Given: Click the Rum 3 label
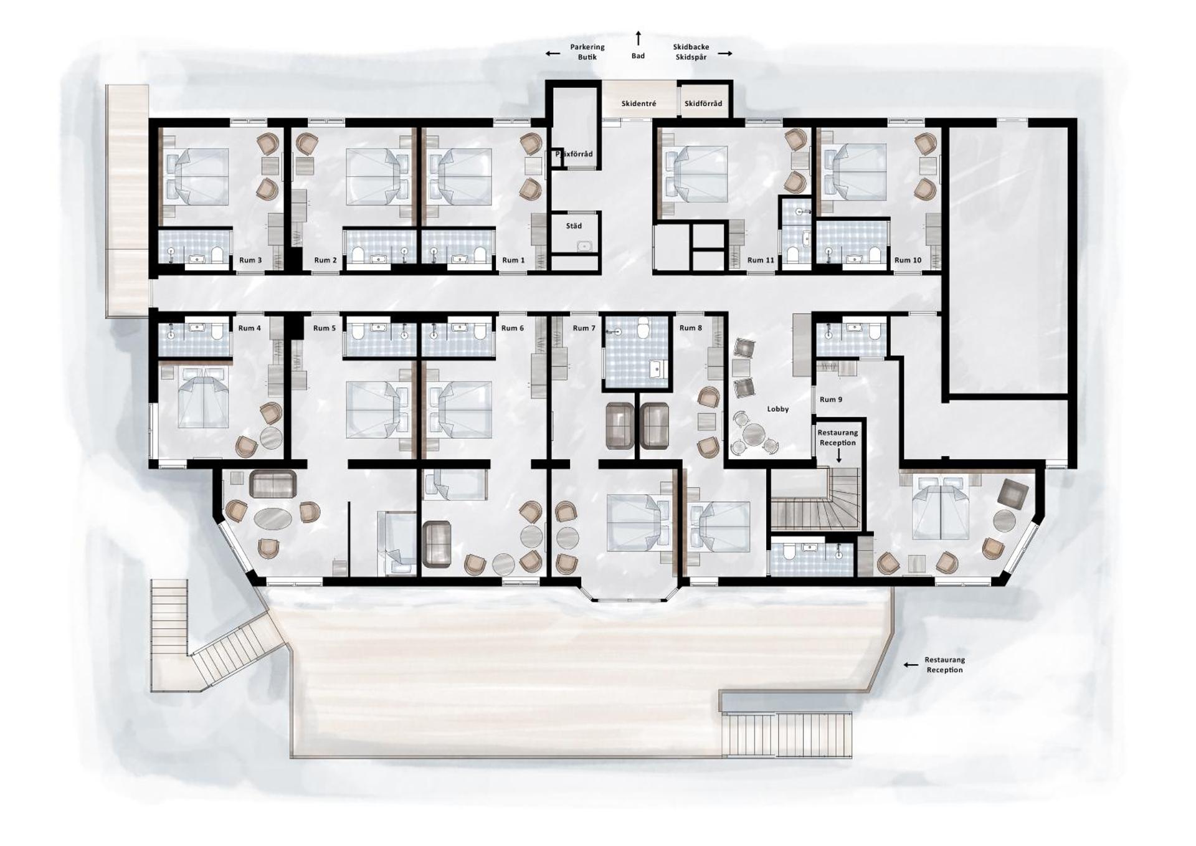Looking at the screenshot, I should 250,260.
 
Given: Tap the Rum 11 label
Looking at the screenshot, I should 761,260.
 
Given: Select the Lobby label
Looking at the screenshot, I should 777,409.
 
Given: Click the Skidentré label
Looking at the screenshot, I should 638,103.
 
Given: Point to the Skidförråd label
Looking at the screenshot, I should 703,103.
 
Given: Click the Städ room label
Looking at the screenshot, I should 574,226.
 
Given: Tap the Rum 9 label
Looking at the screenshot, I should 831,400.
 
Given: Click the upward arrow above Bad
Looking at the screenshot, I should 638,38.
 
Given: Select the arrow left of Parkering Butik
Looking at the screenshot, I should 553,54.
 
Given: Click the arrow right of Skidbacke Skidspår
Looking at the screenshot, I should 725,54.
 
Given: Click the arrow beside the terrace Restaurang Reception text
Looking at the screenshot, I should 911,665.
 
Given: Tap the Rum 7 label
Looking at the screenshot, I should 584,328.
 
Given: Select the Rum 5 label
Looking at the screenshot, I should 325,328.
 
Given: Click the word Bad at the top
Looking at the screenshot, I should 638,56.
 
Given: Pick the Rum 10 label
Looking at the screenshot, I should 908,260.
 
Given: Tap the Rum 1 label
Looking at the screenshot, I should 513,260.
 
